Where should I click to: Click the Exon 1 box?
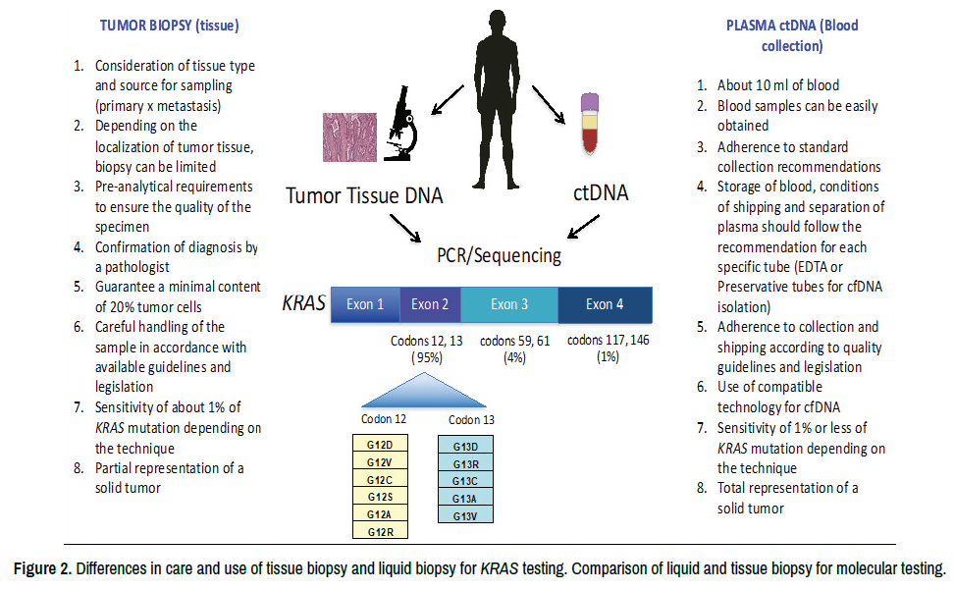tap(365, 304)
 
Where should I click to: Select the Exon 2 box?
tap(430, 304)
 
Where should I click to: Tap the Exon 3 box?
tap(509, 304)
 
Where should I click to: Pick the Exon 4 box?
tap(605, 304)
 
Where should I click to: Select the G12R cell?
tap(380, 531)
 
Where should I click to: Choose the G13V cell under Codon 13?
tap(465, 514)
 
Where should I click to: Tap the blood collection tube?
tap(589, 122)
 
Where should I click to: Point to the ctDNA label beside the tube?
tap(600, 194)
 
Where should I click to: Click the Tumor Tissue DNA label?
tap(364, 196)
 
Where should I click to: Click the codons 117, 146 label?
tap(608, 340)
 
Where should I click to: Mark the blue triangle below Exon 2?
tap(424, 395)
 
